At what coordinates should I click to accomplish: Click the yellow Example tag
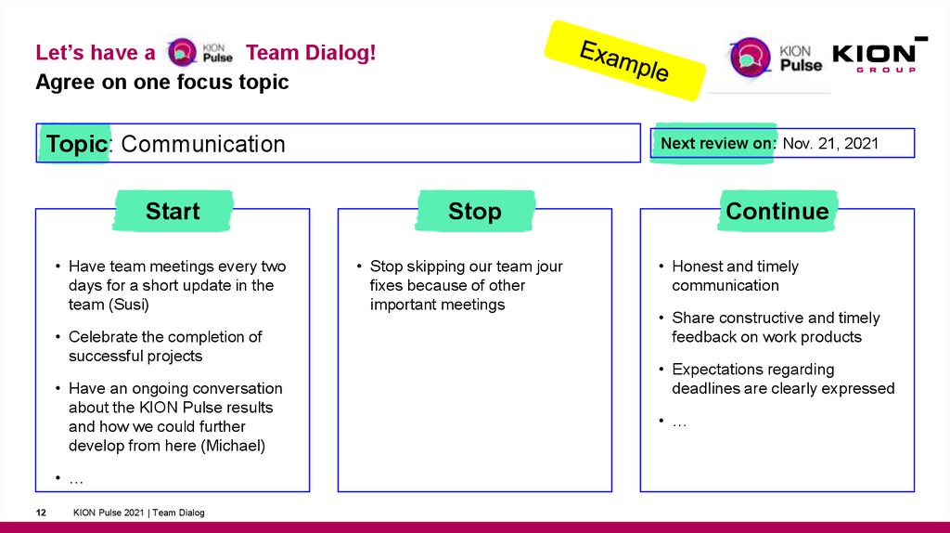pyautogui.click(x=624, y=60)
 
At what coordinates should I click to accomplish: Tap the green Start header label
pyautogui.click(x=173, y=211)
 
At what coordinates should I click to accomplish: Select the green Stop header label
pyautogui.click(x=474, y=211)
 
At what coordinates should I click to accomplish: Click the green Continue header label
pyautogui.click(x=777, y=211)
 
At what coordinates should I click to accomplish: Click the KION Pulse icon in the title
pyautogui.click(x=183, y=53)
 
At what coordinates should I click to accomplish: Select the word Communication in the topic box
pyautogui.click(x=203, y=144)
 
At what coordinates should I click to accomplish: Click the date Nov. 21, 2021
pyautogui.click(x=830, y=143)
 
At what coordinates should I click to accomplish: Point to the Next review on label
pyautogui.click(x=717, y=143)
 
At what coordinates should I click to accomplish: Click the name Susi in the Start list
pyautogui.click(x=130, y=305)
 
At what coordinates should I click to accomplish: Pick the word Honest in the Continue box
pyautogui.click(x=698, y=266)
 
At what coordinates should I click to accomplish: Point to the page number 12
pyautogui.click(x=41, y=513)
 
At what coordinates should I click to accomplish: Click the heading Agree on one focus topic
pyautogui.click(x=162, y=82)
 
